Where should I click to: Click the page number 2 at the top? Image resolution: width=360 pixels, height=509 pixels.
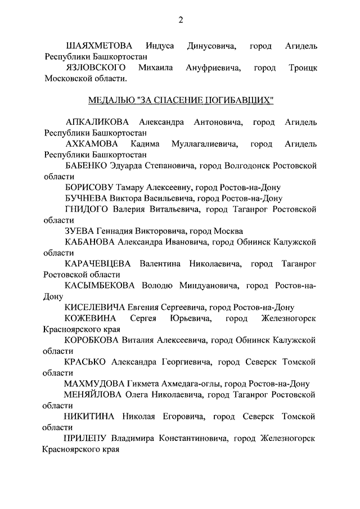(x=181, y=21)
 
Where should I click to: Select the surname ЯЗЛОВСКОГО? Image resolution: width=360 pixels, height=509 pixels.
(x=95, y=68)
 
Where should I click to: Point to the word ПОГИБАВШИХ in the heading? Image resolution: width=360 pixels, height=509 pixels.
(x=242, y=101)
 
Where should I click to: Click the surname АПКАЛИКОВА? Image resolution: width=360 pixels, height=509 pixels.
(x=97, y=123)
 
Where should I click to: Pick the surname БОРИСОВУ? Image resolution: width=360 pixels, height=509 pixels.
(x=90, y=187)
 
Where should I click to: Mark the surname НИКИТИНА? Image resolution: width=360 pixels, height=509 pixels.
(x=90, y=416)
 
